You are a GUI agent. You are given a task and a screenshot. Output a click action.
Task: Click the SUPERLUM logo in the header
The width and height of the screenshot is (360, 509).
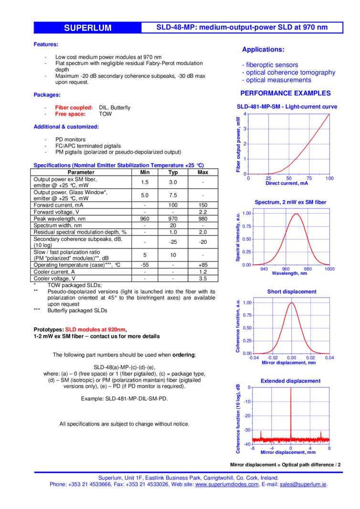(x=88, y=28)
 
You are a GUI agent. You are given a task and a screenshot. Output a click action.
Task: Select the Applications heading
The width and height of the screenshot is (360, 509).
(x=263, y=50)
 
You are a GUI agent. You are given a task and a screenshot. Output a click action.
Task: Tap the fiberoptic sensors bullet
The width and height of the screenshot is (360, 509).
(x=271, y=64)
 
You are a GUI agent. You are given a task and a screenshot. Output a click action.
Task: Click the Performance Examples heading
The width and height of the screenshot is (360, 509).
(x=286, y=93)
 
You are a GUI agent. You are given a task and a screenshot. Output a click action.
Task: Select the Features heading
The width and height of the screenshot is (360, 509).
(x=45, y=44)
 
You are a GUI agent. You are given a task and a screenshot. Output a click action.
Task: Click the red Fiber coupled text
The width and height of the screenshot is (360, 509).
(x=74, y=108)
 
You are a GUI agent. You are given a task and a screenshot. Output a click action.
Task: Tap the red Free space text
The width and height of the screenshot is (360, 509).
(x=70, y=114)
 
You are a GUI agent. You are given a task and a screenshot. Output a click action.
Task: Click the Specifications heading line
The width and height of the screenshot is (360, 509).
(x=118, y=165)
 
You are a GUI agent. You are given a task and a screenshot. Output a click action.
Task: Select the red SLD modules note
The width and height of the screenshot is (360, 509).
(x=95, y=330)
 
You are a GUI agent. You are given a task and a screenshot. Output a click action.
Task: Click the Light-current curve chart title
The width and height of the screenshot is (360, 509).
(x=287, y=107)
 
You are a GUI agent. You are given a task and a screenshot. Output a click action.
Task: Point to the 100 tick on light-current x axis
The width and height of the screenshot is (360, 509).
(x=329, y=178)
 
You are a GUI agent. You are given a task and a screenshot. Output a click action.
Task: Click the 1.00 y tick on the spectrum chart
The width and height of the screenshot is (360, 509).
(x=246, y=213)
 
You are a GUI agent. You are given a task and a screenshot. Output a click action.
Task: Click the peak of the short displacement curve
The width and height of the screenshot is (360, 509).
(x=291, y=302)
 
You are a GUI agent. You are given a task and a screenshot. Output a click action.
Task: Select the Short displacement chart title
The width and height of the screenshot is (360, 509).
(x=291, y=291)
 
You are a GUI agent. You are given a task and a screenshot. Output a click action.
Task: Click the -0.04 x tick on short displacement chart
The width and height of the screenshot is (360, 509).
(x=254, y=358)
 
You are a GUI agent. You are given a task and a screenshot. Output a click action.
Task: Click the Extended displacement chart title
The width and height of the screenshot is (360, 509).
(x=290, y=381)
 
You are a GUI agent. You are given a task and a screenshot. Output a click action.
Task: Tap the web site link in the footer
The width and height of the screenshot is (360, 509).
(x=227, y=485)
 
